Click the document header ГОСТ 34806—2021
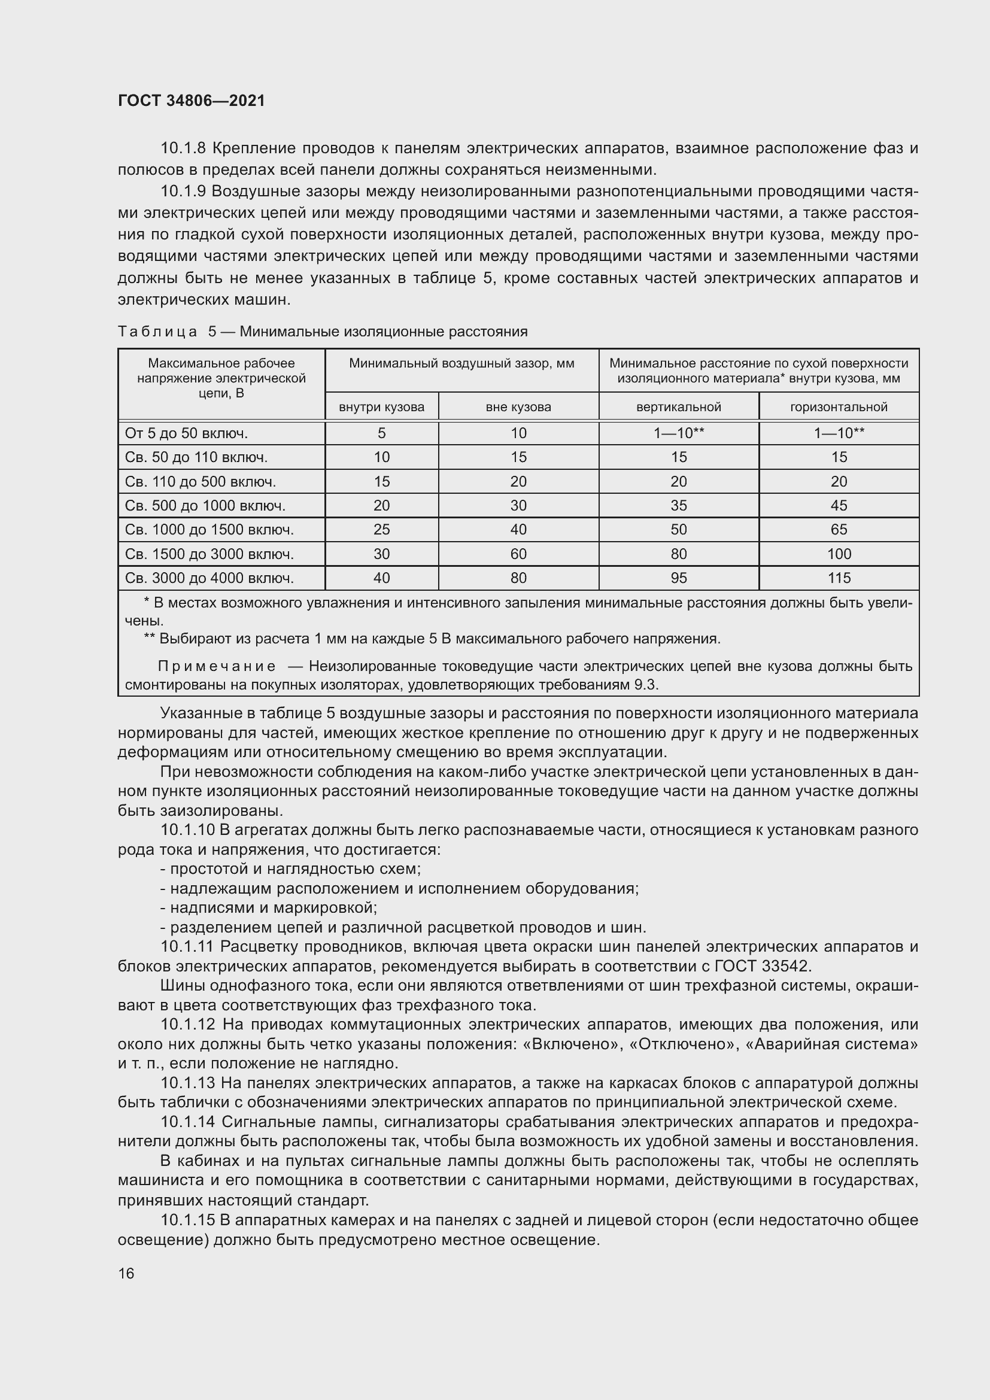click(x=192, y=101)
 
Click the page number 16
click(x=126, y=1273)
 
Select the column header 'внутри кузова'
click(x=382, y=406)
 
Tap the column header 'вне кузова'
click(x=518, y=406)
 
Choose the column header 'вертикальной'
click(x=679, y=406)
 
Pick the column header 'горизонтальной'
click(x=839, y=406)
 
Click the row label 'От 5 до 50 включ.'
click(x=186, y=433)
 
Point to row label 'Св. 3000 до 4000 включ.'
click(x=209, y=578)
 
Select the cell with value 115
click(x=839, y=578)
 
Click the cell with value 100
click(x=839, y=554)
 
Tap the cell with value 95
click(x=679, y=578)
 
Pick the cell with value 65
click(x=839, y=530)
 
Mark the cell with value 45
click(x=839, y=506)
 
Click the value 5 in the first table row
click(x=382, y=433)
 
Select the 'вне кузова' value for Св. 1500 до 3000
click(x=518, y=554)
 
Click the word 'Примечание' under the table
click(x=217, y=666)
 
